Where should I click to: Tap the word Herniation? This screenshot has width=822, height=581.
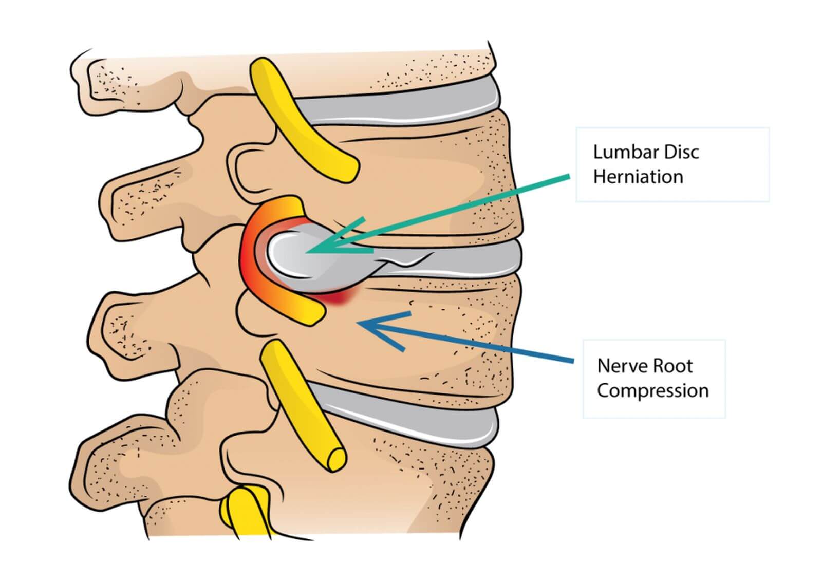[x=638, y=177]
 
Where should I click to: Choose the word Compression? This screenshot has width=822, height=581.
[x=652, y=390]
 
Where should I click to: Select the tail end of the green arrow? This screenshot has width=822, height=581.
[x=568, y=177]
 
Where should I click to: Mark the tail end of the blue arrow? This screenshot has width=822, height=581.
[x=571, y=361]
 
